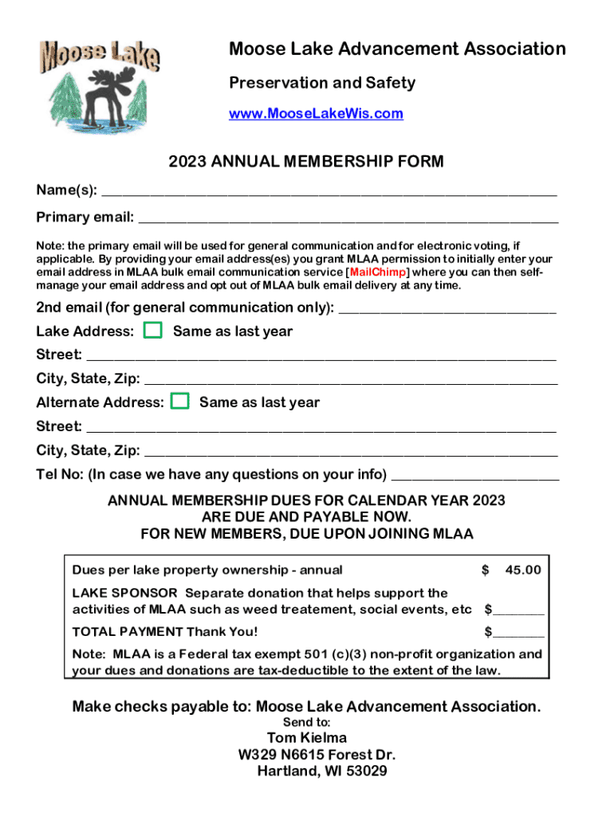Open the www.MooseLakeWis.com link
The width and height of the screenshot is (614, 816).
[x=316, y=114]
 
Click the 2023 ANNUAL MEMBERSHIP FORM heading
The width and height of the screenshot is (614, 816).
[x=306, y=163]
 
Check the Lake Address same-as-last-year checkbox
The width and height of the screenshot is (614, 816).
[x=153, y=331]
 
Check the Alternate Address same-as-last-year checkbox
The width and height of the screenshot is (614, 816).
[x=180, y=402]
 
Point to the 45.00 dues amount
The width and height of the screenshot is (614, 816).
[x=522, y=570]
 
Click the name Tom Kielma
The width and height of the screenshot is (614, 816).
[x=307, y=738]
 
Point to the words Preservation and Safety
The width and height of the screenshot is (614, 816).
[x=322, y=83]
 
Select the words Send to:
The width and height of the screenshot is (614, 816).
[x=306, y=722]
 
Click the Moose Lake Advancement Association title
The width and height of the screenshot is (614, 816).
[x=397, y=49]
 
